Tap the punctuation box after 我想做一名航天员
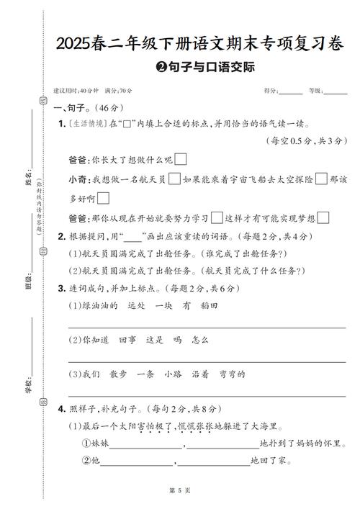point(174,179)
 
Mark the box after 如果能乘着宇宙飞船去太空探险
point(321,179)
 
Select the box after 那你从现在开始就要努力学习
point(217,217)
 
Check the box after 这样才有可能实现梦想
point(323,217)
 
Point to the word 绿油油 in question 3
point(94,306)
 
